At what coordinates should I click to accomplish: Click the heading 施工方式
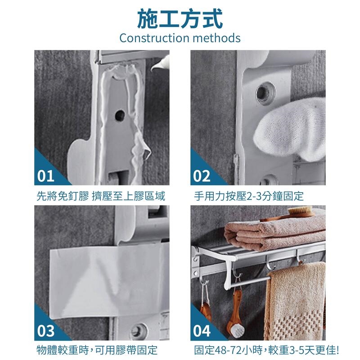coord(180,19)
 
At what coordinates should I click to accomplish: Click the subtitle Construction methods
coord(180,38)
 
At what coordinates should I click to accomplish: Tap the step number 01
coord(45,176)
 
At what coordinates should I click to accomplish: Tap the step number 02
coord(202,176)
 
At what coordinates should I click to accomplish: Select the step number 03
coord(46,331)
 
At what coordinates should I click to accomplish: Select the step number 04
coord(202,331)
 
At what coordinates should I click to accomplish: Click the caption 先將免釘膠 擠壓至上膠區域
coord(101,196)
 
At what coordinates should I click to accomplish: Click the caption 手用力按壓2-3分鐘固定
coord(249,196)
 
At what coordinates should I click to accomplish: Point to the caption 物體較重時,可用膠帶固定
coord(97,351)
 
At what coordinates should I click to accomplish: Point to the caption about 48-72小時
coord(266,351)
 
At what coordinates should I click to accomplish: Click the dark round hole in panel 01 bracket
coord(120,116)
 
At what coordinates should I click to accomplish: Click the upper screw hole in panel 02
coord(266,93)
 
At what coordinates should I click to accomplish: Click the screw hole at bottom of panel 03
coord(139,331)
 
